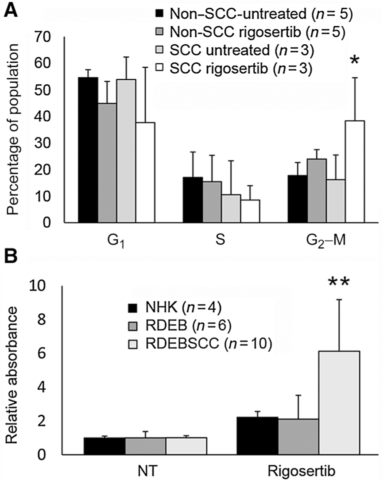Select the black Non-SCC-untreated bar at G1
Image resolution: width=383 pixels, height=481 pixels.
tap(88, 150)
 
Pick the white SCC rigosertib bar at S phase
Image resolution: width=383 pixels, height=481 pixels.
tap(250, 211)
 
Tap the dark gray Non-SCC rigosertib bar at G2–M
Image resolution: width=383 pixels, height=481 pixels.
tap(317, 191)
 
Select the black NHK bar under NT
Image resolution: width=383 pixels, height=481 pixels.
tap(104, 446)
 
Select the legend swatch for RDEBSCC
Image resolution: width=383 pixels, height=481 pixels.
tap(133, 343)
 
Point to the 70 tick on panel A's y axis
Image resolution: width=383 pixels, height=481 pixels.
tap(42, 37)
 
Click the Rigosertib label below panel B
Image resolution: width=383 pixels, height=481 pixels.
tap(301, 471)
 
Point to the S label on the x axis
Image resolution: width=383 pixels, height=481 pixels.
tap(220, 240)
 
